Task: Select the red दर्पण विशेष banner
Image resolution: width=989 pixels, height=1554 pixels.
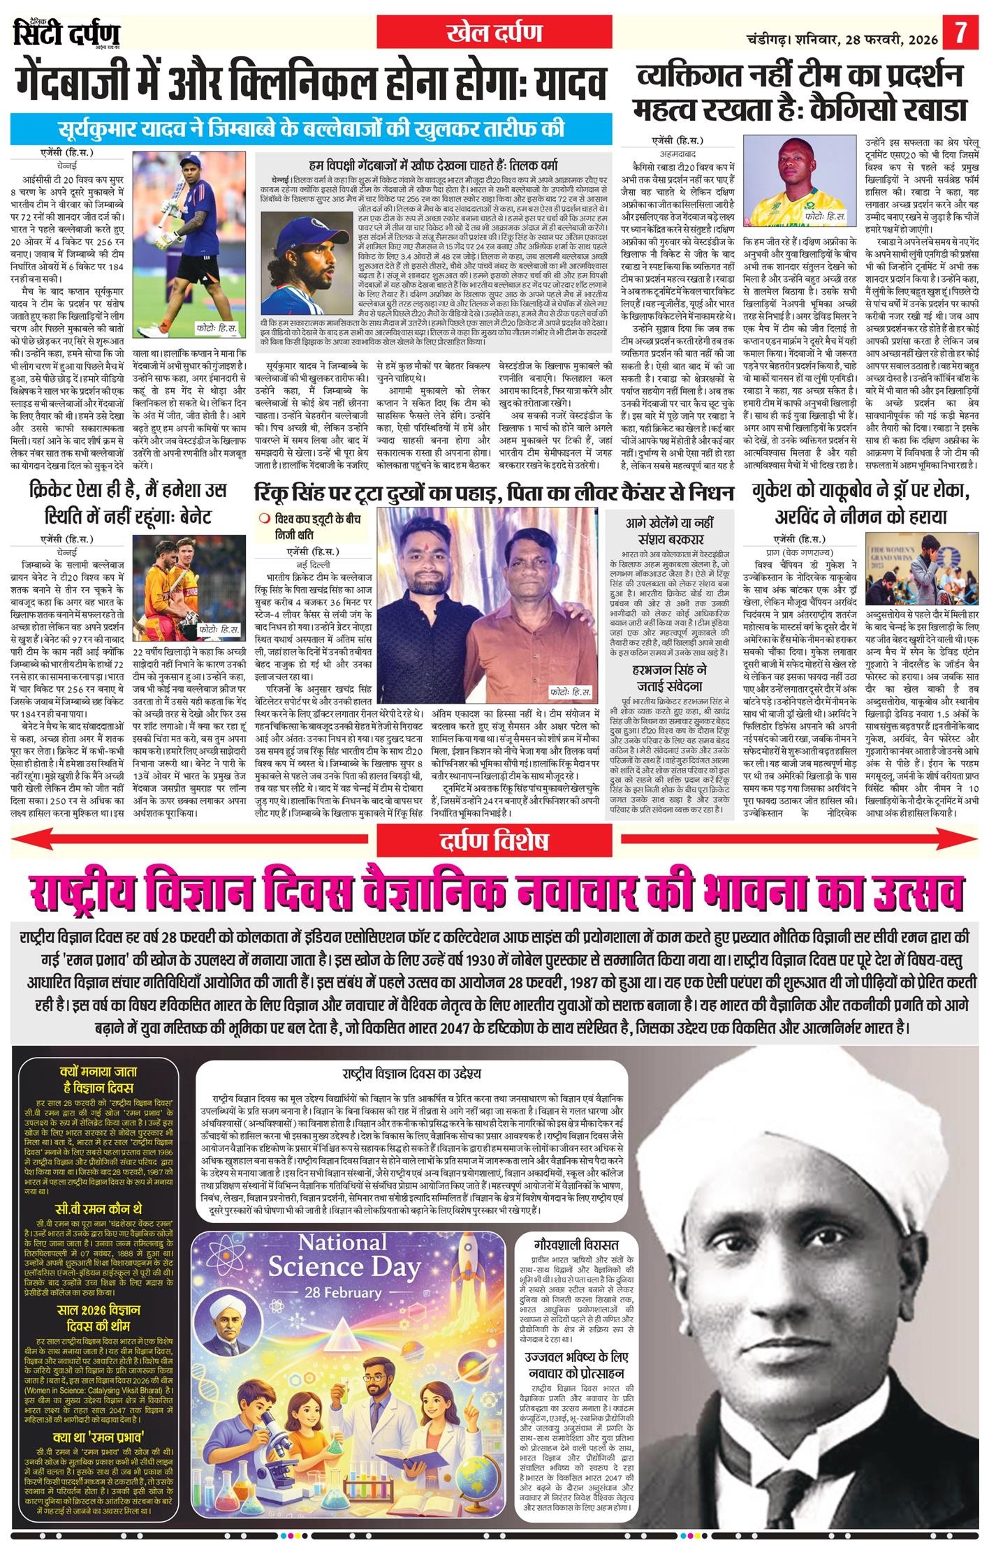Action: pos(494,841)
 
